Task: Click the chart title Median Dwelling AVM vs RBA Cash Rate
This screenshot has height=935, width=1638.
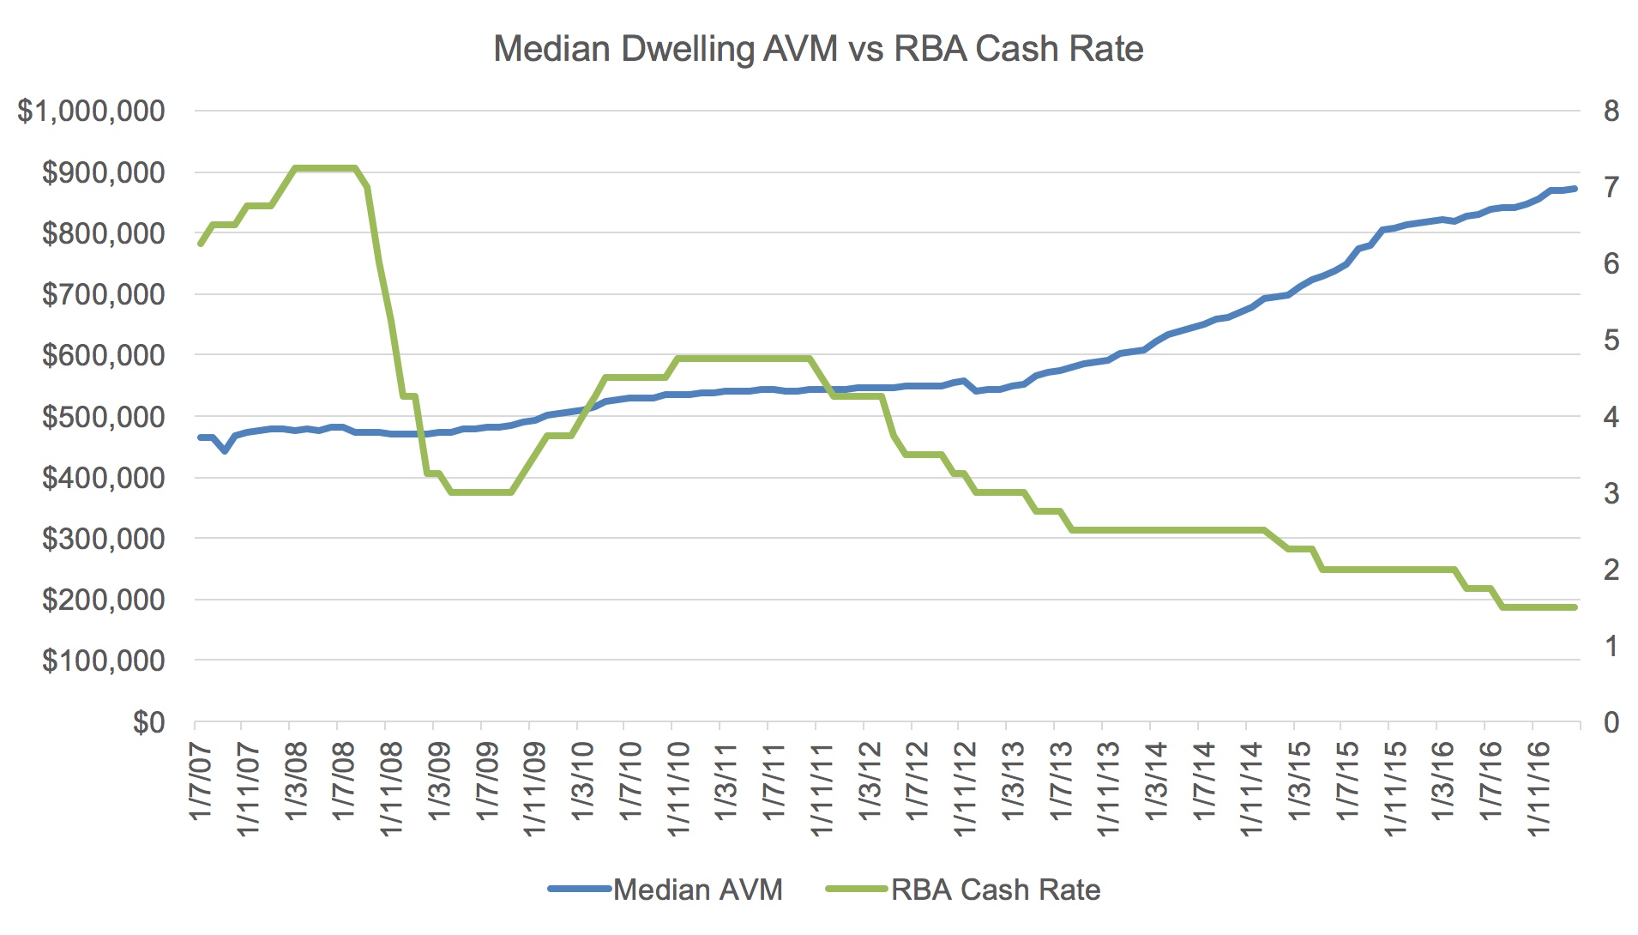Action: tap(818, 49)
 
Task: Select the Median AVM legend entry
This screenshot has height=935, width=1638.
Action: tap(665, 890)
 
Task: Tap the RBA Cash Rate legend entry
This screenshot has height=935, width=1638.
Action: tap(963, 890)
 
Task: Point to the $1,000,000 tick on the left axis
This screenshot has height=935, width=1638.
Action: tap(92, 112)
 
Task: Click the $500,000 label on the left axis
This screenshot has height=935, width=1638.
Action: tap(104, 417)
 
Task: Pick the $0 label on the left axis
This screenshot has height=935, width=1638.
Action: tap(148, 722)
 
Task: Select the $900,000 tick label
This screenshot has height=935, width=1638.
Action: tap(104, 172)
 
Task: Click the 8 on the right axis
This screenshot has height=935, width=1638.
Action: tap(1611, 112)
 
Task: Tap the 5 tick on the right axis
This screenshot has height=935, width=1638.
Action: tap(1611, 341)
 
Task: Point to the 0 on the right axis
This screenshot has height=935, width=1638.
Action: tap(1611, 722)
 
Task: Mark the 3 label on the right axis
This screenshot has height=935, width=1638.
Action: tap(1611, 493)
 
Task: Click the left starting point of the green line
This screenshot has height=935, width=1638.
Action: tap(201, 244)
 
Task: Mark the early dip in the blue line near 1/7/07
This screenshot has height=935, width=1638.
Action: tap(225, 451)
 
